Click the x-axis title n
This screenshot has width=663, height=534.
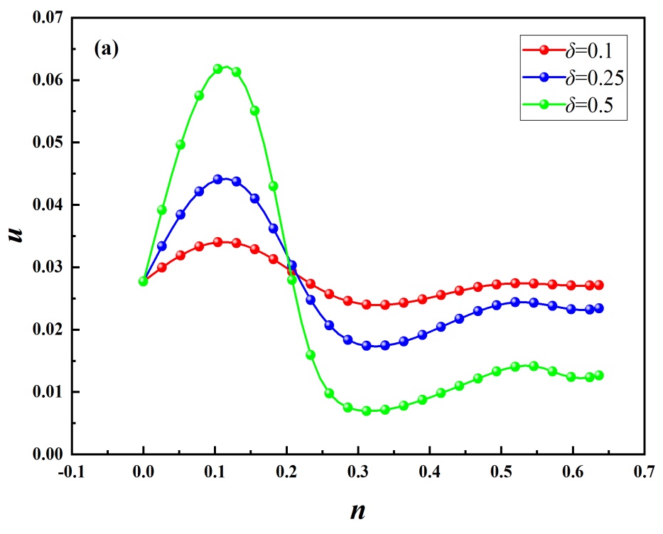(x=357, y=511)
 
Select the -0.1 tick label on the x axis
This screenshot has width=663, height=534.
(x=70, y=471)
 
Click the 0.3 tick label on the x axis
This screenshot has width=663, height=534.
(x=357, y=471)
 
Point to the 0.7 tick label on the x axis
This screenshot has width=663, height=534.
(x=644, y=471)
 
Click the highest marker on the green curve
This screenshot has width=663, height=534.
(x=218, y=69)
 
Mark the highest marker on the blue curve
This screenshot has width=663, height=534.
(x=218, y=180)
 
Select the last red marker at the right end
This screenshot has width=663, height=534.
(x=599, y=285)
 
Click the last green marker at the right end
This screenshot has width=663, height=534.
(x=599, y=376)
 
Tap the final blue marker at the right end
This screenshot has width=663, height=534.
(x=599, y=308)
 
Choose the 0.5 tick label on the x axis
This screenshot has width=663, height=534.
(x=501, y=471)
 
